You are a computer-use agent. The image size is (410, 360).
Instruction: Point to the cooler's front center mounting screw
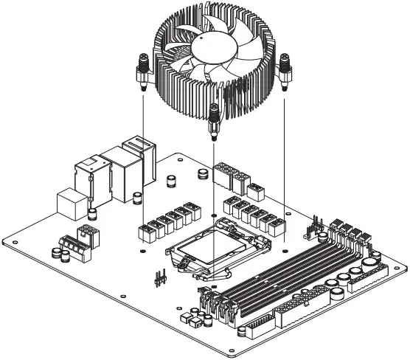(214, 118)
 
